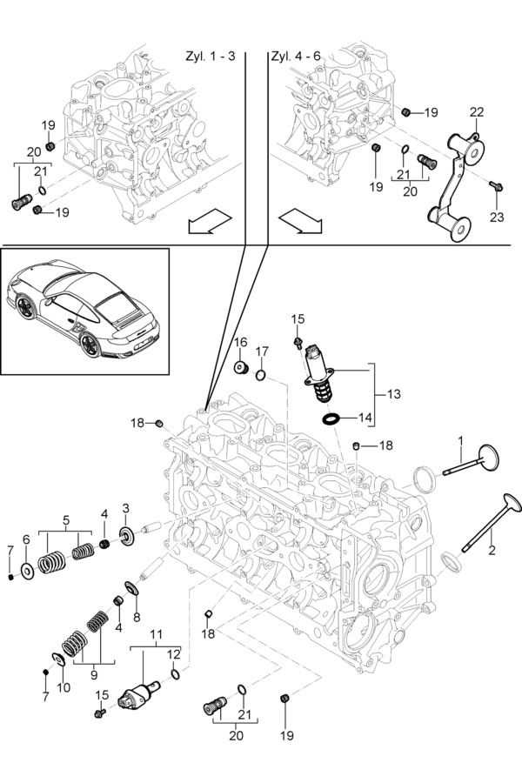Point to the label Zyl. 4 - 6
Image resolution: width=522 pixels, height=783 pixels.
pyautogui.click(x=297, y=56)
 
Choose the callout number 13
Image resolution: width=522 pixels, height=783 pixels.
pyautogui.click(x=394, y=394)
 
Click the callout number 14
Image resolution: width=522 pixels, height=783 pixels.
pyautogui.click(x=365, y=418)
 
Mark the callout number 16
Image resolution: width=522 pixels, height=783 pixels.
pyautogui.click(x=240, y=343)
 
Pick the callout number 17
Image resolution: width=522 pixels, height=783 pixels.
pyautogui.click(x=262, y=351)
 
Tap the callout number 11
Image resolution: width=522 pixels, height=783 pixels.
pyautogui.click(x=156, y=634)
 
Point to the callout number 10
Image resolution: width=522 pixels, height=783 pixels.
pyautogui.click(x=63, y=687)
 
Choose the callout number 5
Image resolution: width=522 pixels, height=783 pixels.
pyautogui.click(x=65, y=520)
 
